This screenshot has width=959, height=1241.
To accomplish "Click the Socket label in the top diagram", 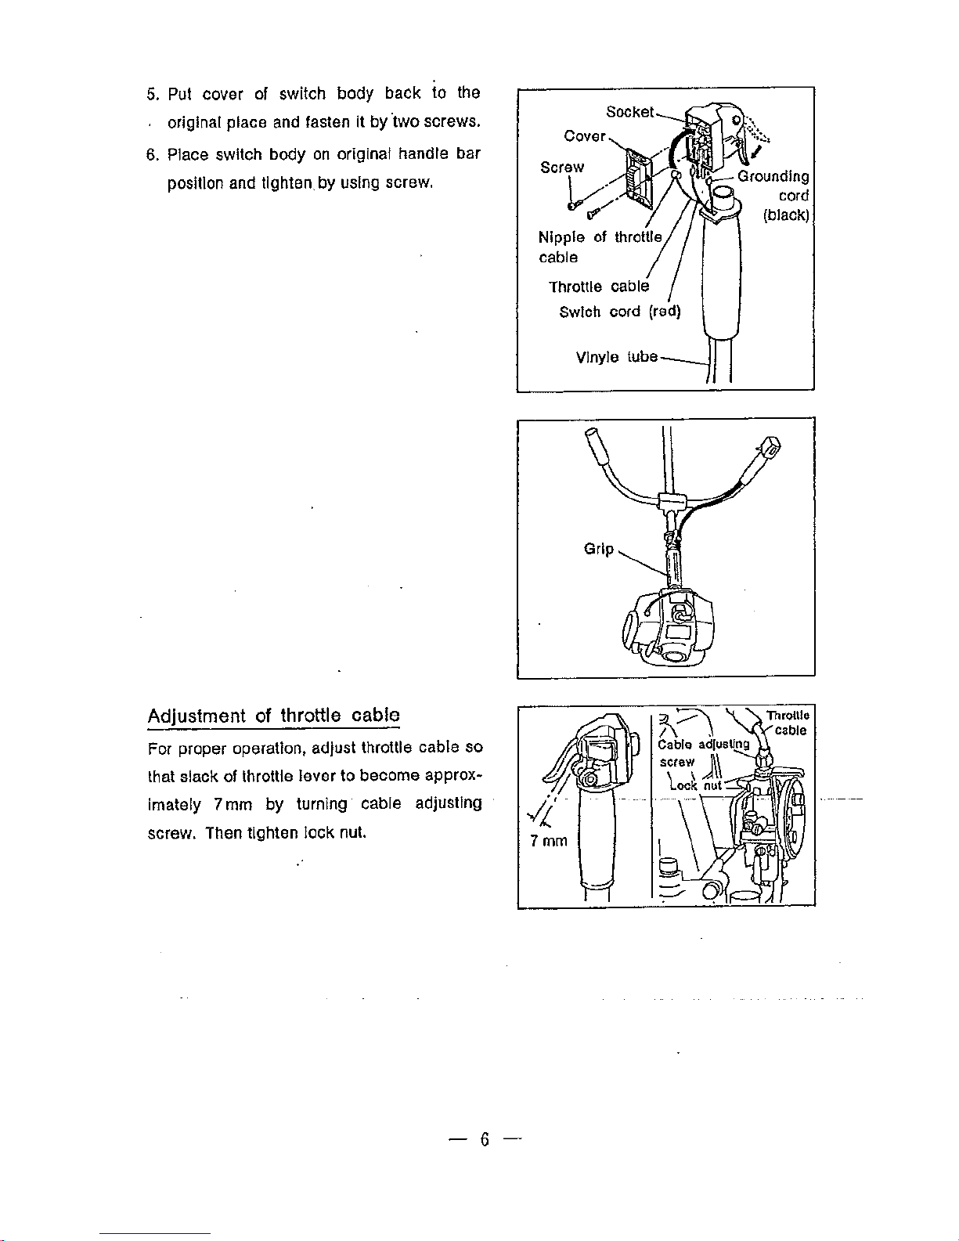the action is coord(629,111).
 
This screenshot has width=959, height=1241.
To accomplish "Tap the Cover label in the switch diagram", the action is coord(585,136).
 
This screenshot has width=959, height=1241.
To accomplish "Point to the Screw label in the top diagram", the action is coord(562,168).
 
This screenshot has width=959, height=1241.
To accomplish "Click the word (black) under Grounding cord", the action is coord(787,215).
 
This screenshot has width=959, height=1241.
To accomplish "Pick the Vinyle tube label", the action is coord(617,357).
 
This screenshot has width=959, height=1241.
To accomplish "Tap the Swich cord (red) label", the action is coord(620,312).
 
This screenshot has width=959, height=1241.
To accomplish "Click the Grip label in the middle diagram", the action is coord(599,549).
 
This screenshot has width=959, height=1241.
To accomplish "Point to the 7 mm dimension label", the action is coord(549,841).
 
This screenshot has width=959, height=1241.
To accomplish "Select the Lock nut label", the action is coord(697,785).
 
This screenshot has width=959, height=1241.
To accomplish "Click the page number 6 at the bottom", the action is coord(485,1139).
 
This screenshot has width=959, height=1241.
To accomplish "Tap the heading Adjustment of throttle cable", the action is coord(274,715).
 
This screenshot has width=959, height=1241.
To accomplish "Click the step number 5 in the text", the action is coord(152,94).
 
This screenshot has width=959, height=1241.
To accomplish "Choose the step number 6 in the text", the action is coord(152,155).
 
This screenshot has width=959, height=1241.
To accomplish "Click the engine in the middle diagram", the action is coord(668,627).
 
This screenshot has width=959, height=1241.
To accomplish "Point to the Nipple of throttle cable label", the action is coord(600,247).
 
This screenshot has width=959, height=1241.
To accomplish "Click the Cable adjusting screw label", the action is coord(703,752).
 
